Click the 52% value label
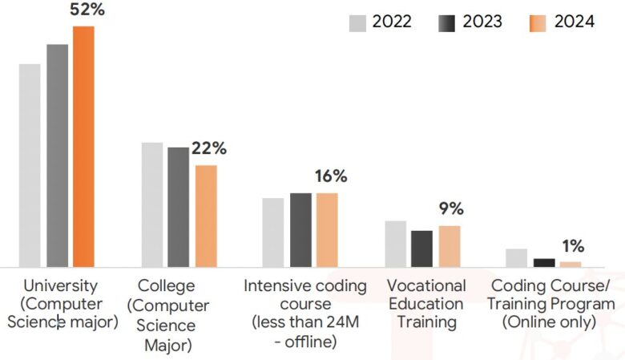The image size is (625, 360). pos(87,9)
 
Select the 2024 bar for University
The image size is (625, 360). pos(83,147)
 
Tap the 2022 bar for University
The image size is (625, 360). pos(30,165)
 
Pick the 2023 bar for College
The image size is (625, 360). pos(178,208)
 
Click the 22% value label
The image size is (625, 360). pos(209,148)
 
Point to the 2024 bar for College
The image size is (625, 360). pos(206,216)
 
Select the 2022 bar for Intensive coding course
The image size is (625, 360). pos(273,233)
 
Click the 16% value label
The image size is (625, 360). pos(331,176)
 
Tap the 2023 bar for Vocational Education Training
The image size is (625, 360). pos(421,249)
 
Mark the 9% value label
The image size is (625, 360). pos(451,208)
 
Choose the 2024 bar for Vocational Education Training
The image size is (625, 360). pos(450,246)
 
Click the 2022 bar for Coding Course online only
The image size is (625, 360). pos(517,258)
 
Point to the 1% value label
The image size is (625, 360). pos(573,246)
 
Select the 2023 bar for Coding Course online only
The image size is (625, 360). pos(544,263)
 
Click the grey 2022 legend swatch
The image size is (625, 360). pos(357,23)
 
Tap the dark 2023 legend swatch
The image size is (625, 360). pos(446,23)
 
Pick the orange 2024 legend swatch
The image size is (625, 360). pos(538,23)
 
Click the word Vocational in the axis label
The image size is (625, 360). pos(426,286)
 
